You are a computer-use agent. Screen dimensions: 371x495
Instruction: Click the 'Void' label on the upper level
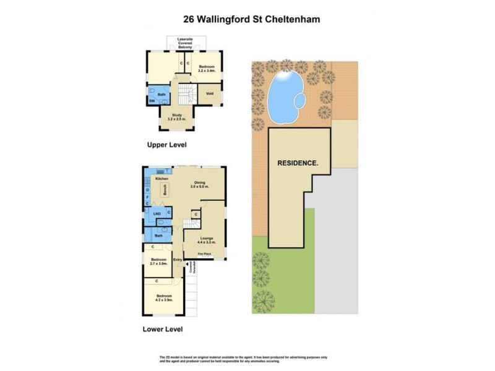coord(209,94)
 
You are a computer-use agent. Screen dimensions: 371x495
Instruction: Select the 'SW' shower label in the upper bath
coord(151,101)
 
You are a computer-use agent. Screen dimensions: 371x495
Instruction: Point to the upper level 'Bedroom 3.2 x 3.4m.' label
coord(206,68)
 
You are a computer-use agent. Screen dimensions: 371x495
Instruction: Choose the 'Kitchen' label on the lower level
coord(162,179)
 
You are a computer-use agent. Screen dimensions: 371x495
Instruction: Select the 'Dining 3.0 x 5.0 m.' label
coord(199,184)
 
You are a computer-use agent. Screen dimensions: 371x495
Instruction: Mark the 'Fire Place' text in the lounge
coord(205,254)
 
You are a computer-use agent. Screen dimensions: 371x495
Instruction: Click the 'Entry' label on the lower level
coord(178,260)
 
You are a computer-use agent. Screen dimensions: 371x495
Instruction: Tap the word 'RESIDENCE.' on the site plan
coord(298,163)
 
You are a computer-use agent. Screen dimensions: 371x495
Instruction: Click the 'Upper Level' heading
coord(166,145)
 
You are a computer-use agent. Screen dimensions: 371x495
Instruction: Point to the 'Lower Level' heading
coord(164,329)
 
